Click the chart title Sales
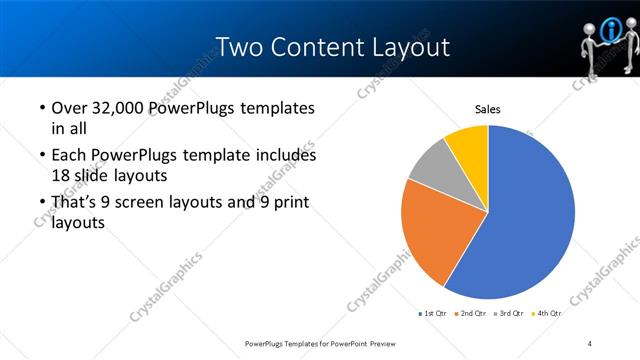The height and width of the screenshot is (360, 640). point(487,109)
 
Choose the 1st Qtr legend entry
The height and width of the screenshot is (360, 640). point(432,313)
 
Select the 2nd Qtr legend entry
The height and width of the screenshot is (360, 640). point(473,313)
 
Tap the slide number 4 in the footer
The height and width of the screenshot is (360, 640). point(590,343)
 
